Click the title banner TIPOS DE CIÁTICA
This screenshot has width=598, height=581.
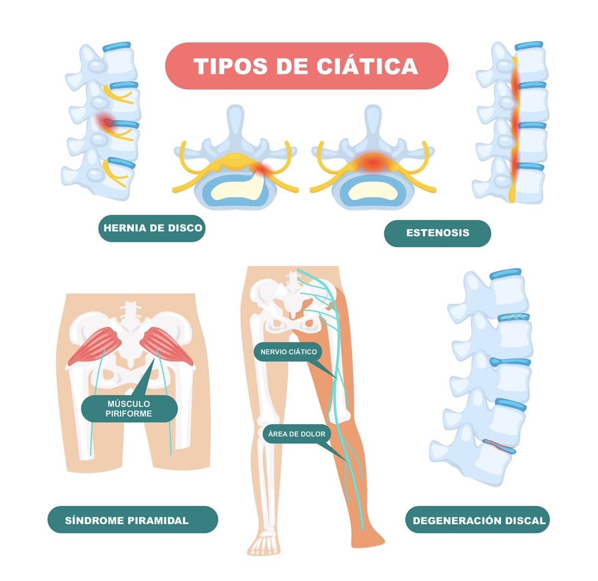click(x=306, y=66)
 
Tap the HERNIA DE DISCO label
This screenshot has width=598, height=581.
click(x=152, y=228)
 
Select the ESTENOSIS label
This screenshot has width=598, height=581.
click(x=438, y=233)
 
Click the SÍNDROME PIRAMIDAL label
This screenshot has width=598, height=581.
click(x=133, y=520)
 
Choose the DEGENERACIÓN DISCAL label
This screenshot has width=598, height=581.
click(x=477, y=520)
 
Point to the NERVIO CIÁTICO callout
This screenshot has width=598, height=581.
click(x=289, y=352)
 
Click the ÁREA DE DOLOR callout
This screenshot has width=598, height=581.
click(x=297, y=434)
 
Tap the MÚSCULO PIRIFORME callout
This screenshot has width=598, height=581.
click(x=129, y=409)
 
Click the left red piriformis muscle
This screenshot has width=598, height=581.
click(x=95, y=345)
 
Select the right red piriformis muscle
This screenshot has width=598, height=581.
click(x=167, y=345)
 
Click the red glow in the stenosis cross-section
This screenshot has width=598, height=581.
click(x=373, y=160)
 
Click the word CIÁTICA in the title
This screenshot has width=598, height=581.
click(x=367, y=66)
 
